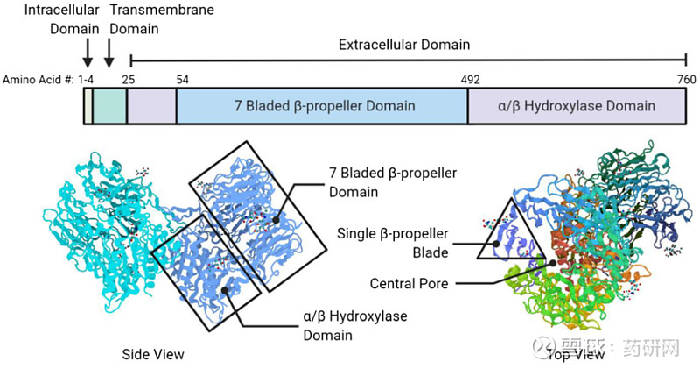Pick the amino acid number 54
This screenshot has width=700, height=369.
(182, 79)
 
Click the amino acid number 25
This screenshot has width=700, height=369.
(129, 79)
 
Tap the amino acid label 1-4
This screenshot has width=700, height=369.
(86, 79)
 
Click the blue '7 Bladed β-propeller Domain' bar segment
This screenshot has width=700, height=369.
(323, 106)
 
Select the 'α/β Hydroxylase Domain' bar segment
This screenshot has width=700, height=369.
(576, 106)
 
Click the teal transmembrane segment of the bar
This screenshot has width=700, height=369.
(110, 106)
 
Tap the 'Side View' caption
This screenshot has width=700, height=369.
(154, 354)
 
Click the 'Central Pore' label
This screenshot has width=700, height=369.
(409, 284)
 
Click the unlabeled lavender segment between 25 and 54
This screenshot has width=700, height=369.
(152, 106)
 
